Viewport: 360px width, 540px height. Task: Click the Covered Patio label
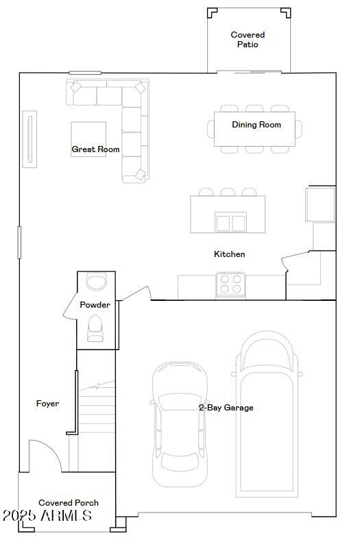pos(248,40)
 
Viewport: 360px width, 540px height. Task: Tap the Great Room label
pos(96,149)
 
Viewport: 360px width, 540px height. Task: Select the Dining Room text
pos(256,125)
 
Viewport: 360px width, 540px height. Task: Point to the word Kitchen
pos(229,254)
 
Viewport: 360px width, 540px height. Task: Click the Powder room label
pos(95,305)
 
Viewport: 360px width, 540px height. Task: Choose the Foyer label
pos(47,404)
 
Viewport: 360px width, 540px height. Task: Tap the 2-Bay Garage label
pos(226,408)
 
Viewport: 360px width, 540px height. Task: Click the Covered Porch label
pos(69,503)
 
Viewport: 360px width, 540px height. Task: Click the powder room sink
pos(95,282)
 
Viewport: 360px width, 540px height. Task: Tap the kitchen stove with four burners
pos(231,284)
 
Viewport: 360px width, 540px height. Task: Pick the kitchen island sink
pos(230,223)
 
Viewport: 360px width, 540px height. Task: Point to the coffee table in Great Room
pos(88,139)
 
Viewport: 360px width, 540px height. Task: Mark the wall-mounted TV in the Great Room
pos(29,138)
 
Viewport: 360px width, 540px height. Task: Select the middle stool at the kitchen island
pos(228,192)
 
